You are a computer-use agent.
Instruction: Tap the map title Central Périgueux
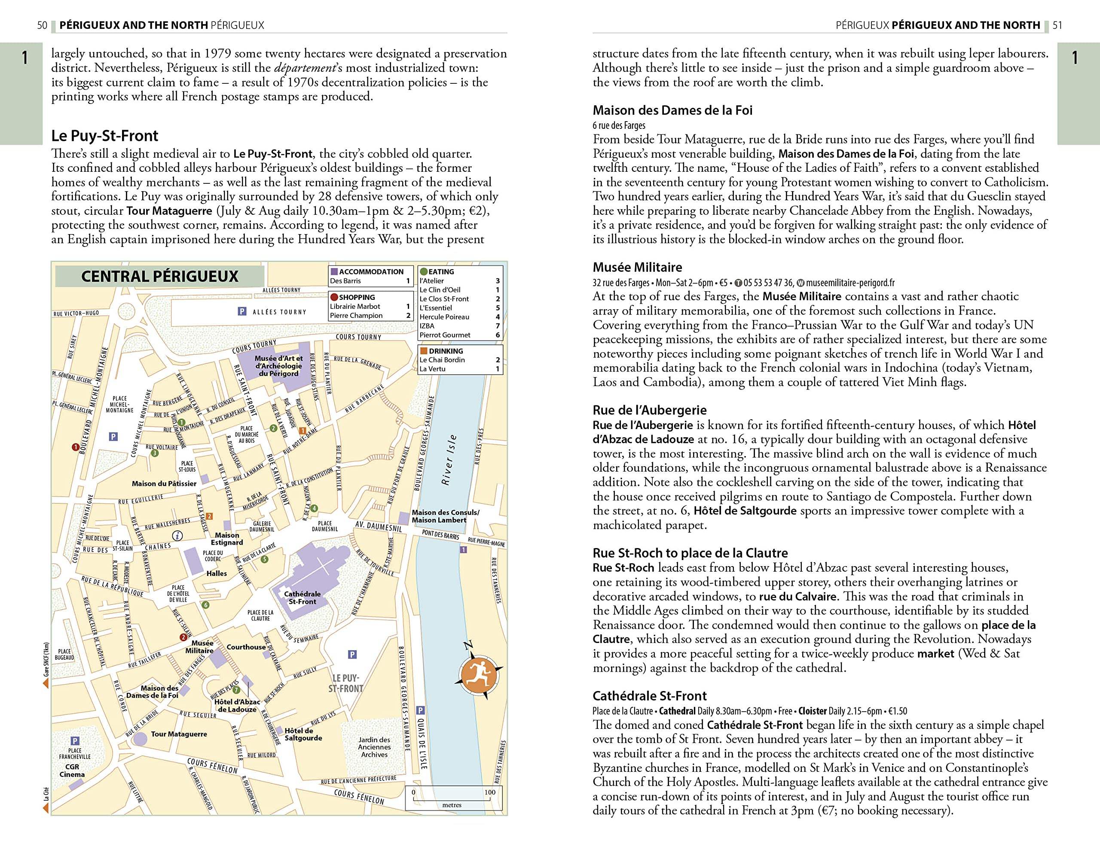tap(159, 276)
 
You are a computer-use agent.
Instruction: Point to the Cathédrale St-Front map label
tap(302, 597)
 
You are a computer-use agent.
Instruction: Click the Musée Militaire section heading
tap(637, 267)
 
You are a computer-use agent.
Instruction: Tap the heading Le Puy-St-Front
tap(104, 136)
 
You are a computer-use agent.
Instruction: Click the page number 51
tap(1057, 25)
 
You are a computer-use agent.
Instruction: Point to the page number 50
tap(42, 25)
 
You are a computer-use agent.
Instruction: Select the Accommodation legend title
tap(371, 272)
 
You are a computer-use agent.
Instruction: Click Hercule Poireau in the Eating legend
tap(444, 317)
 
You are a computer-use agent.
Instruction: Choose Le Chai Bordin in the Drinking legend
tap(442, 360)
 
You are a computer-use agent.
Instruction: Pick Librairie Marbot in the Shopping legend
tap(355, 306)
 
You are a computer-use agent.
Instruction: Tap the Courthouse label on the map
tap(246, 647)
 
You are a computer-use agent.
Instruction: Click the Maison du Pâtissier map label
tap(164, 484)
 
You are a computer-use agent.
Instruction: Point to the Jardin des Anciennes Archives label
tap(374, 747)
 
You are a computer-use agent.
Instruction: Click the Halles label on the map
tap(217, 573)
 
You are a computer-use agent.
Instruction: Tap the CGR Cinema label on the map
tap(72, 771)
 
